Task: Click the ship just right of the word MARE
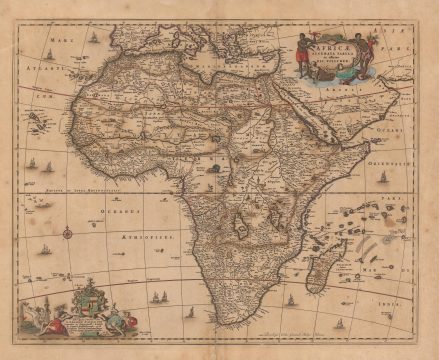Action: (x=93, y=38)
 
